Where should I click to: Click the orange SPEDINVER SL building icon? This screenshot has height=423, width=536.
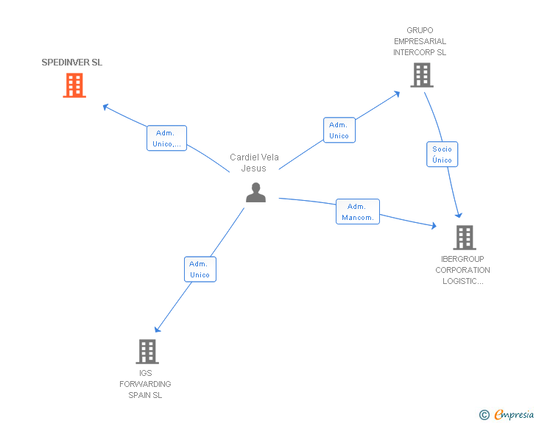click(x=74, y=85)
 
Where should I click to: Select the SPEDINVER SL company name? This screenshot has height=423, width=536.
click(x=72, y=63)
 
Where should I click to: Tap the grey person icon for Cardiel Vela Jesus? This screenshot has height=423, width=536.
click(x=255, y=192)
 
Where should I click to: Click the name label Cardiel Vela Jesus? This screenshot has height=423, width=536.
click(x=254, y=163)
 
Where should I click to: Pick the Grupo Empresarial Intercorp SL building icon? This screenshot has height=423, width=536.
click(x=422, y=75)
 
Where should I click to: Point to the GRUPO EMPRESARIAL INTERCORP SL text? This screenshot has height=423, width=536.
click(x=420, y=41)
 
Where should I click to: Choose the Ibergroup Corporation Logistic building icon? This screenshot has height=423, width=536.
click(x=465, y=238)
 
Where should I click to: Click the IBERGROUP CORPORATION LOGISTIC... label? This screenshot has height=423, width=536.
click(x=462, y=270)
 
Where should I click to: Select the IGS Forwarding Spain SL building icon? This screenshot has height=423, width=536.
click(x=147, y=351)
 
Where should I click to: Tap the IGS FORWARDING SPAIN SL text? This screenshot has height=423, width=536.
click(x=145, y=384)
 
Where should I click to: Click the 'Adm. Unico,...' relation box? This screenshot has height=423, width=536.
click(x=167, y=138)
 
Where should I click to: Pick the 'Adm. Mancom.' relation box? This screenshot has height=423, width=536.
click(x=358, y=212)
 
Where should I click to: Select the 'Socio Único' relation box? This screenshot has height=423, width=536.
click(x=442, y=154)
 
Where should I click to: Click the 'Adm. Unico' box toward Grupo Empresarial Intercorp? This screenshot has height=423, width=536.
click(x=339, y=129)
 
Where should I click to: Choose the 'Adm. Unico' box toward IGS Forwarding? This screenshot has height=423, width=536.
click(x=200, y=269)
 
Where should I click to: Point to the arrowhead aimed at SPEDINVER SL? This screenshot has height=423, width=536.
click(x=105, y=107)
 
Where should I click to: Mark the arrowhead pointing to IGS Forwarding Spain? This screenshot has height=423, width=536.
click(x=158, y=329)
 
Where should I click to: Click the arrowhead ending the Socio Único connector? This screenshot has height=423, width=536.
click(x=459, y=215)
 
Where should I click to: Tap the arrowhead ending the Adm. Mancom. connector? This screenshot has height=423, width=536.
click(x=434, y=226)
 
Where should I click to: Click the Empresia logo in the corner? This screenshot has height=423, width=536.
click(x=507, y=414)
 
